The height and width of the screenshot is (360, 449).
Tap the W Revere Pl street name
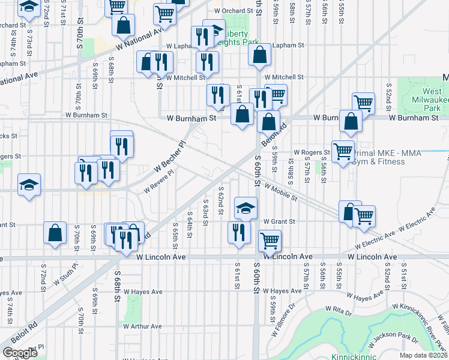tap(158, 181)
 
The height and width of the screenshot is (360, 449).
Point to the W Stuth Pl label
tap(65, 279)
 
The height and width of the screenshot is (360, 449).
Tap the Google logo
tap(20, 352)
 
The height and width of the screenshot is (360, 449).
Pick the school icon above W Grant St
tap(246, 208)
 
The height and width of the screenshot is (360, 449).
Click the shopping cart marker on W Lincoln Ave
tap(270, 241)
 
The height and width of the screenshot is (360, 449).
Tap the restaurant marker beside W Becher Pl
tap(121, 145)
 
